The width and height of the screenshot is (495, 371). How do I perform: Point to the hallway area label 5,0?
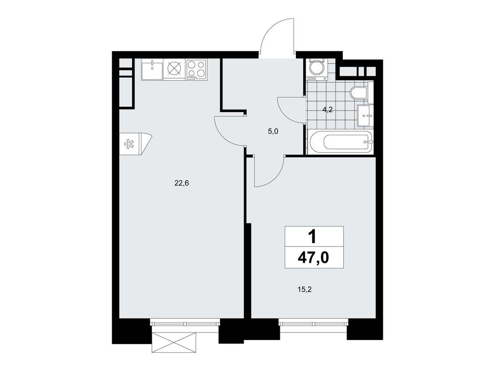coord(273,130)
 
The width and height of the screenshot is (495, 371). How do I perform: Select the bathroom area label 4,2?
coord(328,110)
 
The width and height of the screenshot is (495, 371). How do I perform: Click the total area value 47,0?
coord(313,257)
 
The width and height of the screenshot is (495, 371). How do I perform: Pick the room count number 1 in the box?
coord(313,236)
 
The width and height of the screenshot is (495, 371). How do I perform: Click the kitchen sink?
coord(152,69)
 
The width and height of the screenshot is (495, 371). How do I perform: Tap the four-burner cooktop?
coord(196,69)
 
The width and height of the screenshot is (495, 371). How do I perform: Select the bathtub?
coord(340,143)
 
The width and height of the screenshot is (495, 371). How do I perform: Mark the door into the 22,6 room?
coord(230,131)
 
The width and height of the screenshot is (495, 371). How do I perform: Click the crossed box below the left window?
coord(175,343)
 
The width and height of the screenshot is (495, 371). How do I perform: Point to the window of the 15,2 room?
coord(313,323)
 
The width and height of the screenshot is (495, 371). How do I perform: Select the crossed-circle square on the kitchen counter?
coord(174,69)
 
